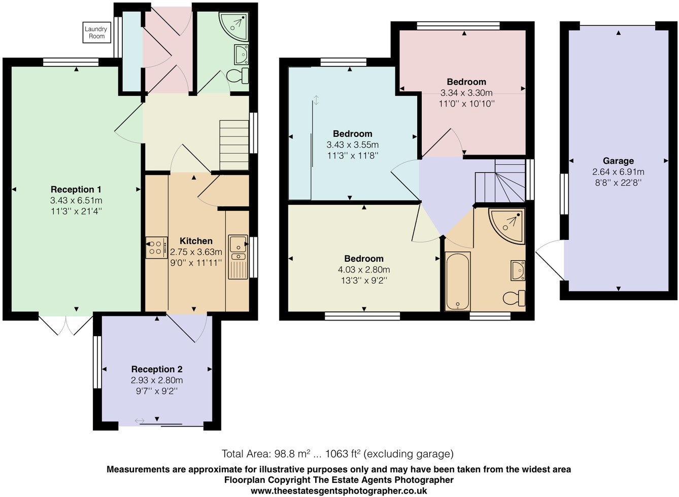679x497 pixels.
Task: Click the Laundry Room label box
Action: (96, 32)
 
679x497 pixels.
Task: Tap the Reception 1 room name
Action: (76, 189)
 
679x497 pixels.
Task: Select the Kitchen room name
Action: (196, 241)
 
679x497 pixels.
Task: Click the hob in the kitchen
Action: (156, 248)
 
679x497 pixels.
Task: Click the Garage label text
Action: (618, 161)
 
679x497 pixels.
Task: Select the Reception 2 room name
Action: (157, 369)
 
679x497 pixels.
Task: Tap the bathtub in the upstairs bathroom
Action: (458, 281)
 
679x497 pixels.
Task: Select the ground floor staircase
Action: (234, 145)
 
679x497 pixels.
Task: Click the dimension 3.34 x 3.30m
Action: (466, 93)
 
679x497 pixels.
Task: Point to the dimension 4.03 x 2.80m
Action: (364, 270)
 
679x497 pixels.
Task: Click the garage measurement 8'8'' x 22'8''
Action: (618, 183)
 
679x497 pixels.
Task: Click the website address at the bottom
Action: (338, 490)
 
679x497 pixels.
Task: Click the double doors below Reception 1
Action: (66, 326)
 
